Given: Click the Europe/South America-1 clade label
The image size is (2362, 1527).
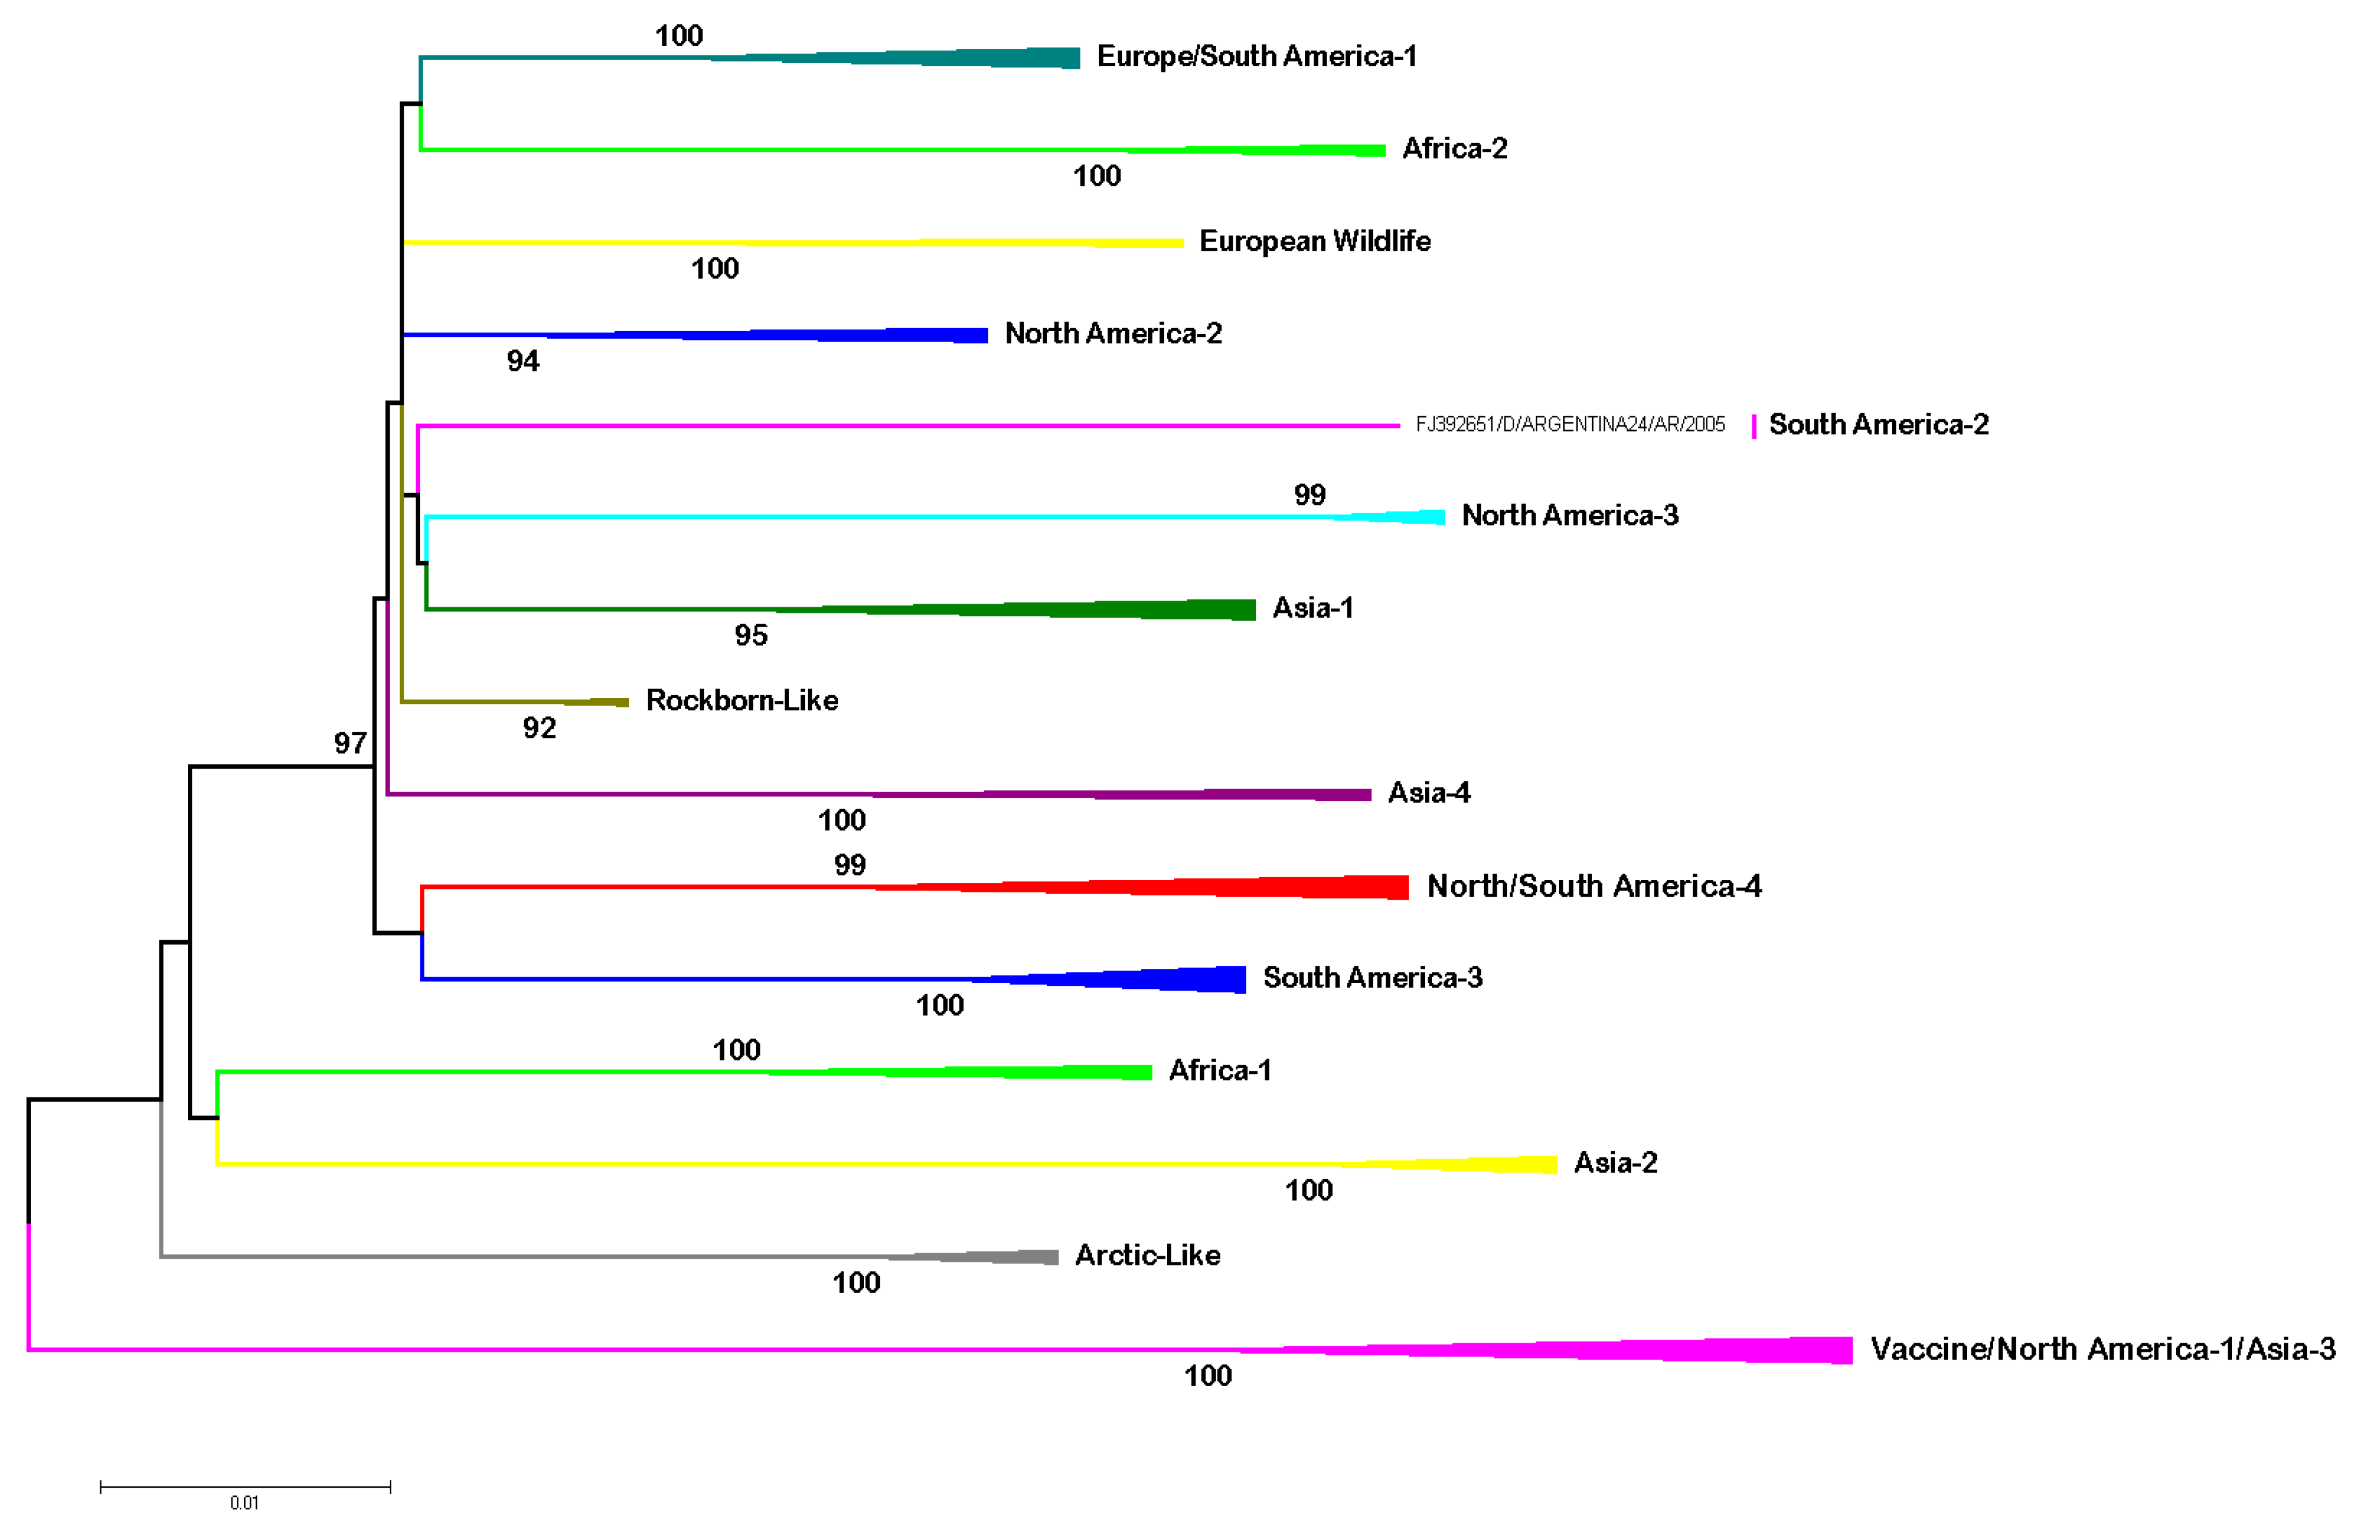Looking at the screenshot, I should pos(1256,57).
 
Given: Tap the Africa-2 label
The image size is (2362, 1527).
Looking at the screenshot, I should pos(1454,149).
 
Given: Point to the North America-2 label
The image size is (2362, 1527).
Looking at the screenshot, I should pos(1112,333).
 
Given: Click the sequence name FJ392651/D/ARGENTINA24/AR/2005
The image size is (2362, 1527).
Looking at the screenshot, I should pos(1570,424).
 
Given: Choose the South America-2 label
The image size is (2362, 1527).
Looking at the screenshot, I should pos(1878,424).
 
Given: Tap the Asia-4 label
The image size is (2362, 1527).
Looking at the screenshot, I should pos(1428,792).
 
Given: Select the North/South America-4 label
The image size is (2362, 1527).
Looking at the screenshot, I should pos(1593,885).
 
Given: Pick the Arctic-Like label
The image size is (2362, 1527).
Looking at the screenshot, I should pos(1147,1255).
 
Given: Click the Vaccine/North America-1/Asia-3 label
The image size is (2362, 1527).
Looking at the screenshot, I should pos(2102,1349).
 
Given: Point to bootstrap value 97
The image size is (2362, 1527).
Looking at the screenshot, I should pos(350,743).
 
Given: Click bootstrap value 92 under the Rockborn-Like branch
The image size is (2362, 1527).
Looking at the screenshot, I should pos(540,728).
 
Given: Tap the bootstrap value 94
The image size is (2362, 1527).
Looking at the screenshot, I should pos(523,361).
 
